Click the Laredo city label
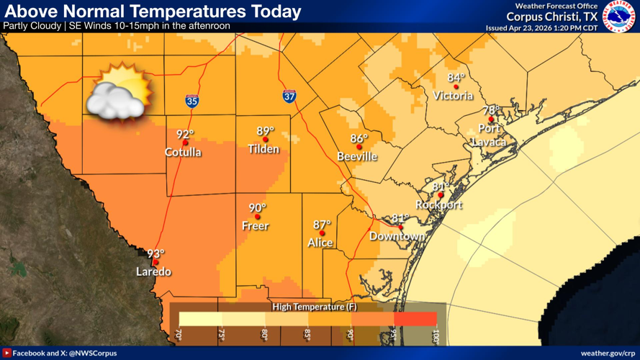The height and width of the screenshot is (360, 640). [x=154, y=271]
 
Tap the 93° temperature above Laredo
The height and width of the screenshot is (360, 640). [x=156, y=253]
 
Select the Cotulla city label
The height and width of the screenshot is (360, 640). [x=183, y=152]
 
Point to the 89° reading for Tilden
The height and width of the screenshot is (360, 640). [x=266, y=131]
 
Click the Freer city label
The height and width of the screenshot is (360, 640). [x=256, y=226]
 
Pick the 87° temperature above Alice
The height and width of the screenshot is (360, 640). [x=322, y=224]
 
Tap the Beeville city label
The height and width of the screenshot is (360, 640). [x=357, y=156]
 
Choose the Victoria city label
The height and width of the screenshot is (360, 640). [x=454, y=96]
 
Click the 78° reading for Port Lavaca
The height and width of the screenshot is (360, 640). [x=491, y=110]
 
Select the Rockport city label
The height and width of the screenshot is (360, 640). [x=438, y=204]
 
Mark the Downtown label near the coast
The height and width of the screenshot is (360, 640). [x=397, y=236]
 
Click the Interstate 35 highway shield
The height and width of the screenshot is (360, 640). [x=191, y=101]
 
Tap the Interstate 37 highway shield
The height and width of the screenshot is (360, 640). [x=288, y=96]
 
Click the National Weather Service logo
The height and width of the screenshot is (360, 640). [x=619, y=16]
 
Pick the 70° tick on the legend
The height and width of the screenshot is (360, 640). [x=179, y=335]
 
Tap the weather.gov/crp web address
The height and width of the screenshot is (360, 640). [x=606, y=353]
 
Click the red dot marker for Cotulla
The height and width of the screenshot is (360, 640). [x=185, y=143]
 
